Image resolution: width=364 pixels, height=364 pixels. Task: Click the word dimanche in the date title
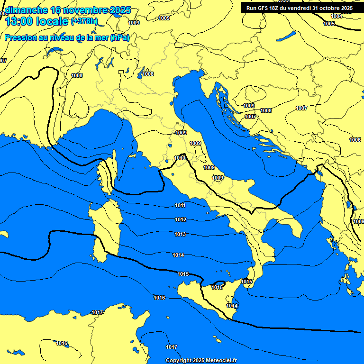pos(26,10)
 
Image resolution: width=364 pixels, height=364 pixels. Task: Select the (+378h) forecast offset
pos(84,21)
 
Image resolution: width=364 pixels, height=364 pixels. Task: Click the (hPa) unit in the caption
pos(119,37)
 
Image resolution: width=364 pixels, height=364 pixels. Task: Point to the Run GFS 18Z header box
pos(299,8)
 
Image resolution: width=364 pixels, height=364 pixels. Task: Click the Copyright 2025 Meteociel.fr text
pos(201,360)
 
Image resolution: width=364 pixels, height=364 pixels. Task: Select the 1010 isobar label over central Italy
pos(180,158)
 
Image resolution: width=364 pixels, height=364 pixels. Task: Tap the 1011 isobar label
pos(180,205)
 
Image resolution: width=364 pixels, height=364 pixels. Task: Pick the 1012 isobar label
pos(180,220)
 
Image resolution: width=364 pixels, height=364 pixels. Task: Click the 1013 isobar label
pos(180,235)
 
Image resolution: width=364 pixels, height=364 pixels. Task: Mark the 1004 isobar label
pos(336,16)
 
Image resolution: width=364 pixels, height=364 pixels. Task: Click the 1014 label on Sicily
pos(232,306)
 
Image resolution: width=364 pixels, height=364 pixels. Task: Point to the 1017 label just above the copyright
pos(172,347)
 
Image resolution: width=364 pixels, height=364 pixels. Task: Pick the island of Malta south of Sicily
pos(218,341)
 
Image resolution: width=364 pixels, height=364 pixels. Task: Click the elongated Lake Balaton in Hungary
pos(286,37)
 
